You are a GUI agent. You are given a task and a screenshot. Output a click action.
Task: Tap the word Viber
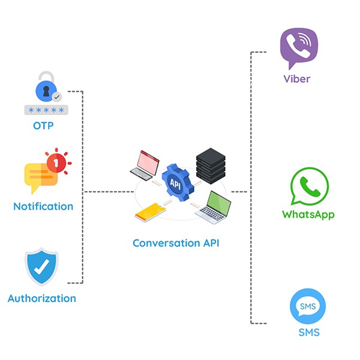click(x=297, y=79)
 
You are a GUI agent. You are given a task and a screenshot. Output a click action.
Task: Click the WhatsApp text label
click(x=308, y=215)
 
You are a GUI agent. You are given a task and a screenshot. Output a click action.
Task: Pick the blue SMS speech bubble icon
click(x=308, y=307)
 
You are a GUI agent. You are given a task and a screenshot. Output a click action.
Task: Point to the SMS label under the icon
click(x=308, y=333)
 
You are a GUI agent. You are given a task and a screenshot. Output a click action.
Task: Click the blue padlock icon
click(x=46, y=87)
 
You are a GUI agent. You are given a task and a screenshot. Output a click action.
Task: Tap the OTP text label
click(x=46, y=126)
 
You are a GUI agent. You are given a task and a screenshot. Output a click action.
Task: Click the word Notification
click(x=43, y=206)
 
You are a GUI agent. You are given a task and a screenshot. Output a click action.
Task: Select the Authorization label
click(x=42, y=298)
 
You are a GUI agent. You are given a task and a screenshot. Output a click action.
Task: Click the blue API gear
click(x=176, y=183)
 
